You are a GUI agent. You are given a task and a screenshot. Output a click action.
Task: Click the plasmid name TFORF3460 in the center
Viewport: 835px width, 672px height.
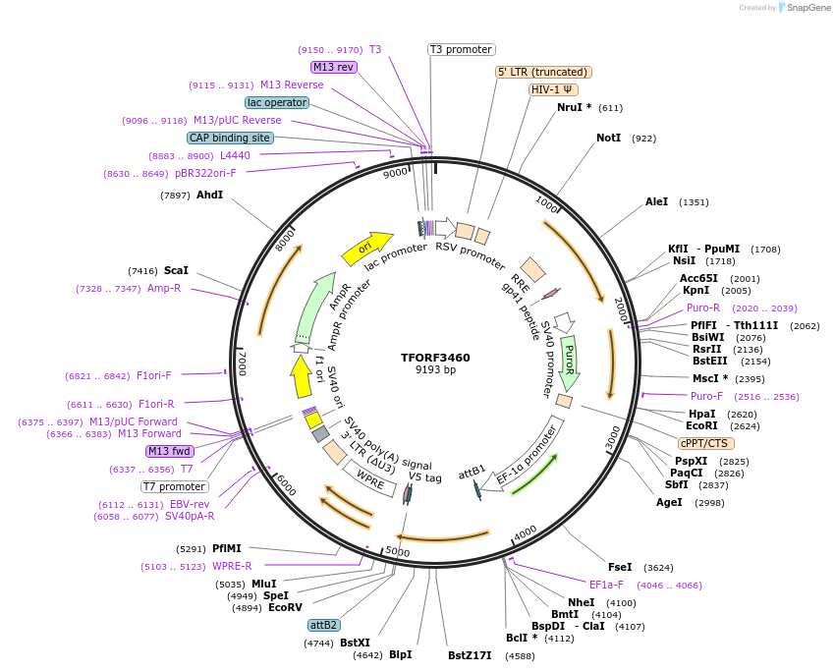(435, 358)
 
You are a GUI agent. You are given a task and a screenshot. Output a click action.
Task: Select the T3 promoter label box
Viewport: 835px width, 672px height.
(462, 49)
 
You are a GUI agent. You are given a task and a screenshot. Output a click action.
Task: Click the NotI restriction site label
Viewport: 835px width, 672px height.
(609, 138)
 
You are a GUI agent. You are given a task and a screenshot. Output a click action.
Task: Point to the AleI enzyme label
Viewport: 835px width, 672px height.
(656, 201)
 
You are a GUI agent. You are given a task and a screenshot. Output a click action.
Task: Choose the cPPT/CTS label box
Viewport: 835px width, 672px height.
(705, 443)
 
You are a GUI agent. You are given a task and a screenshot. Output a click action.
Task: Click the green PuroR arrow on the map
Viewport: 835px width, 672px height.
(569, 360)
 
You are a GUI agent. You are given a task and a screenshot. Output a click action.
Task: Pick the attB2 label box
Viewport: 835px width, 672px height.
(323, 625)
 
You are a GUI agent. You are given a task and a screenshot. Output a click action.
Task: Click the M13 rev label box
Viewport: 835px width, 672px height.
(333, 67)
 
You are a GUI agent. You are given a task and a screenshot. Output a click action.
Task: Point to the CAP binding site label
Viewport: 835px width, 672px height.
(230, 139)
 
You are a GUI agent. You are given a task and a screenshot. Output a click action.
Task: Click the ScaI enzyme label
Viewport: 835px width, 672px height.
(176, 270)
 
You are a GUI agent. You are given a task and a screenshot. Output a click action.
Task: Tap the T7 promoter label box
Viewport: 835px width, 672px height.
(175, 486)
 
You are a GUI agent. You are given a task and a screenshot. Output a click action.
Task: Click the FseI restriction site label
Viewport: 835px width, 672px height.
(620, 567)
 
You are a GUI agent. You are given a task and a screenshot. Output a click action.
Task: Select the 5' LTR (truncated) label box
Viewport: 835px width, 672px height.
(542, 72)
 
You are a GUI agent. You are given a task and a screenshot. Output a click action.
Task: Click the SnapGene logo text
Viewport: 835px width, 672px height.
(806, 8)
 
